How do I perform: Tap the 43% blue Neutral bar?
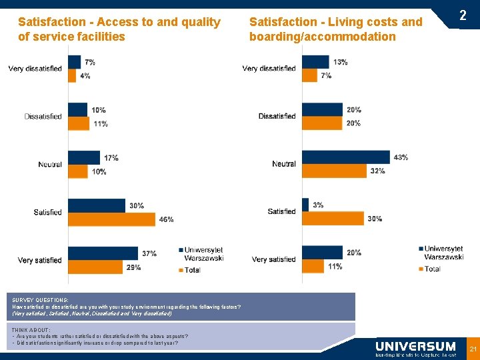(345, 157)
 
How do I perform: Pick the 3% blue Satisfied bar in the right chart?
(305, 205)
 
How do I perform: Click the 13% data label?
(340, 62)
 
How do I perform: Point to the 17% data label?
(111, 158)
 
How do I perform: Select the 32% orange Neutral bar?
(335, 171)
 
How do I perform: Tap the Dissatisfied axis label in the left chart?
(43, 116)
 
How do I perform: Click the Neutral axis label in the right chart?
(284, 164)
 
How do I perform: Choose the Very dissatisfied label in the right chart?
(269, 68)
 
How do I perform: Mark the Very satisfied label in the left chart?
(39, 260)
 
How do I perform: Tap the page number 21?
(473, 349)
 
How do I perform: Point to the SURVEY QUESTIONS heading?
(40, 301)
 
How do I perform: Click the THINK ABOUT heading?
(31, 330)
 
